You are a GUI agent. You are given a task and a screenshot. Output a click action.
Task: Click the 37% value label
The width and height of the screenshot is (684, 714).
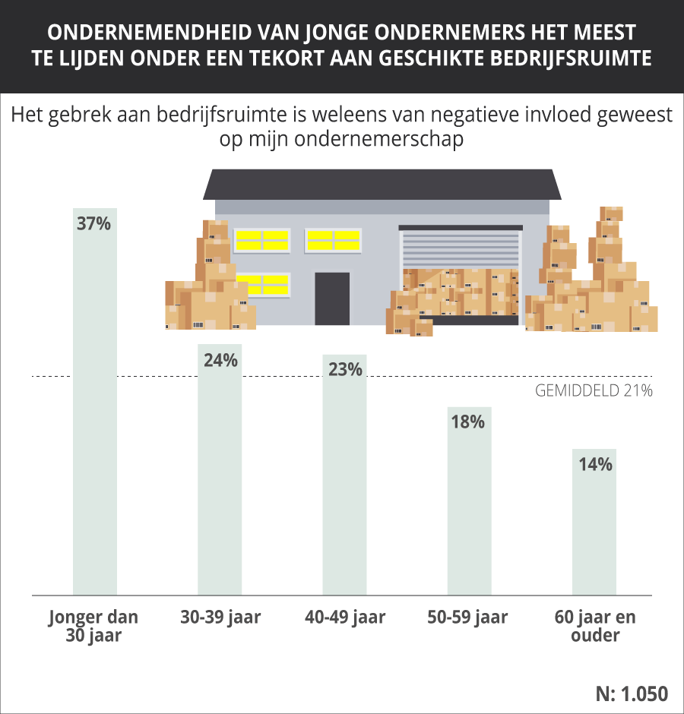pyautogui.click(x=95, y=224)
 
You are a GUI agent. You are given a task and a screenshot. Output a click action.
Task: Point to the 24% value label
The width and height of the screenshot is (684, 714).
pyautogui.click(x=220, y=360)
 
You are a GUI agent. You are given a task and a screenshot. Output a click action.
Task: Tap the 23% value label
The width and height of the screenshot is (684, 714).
pyautogui.click(x=344, y=370)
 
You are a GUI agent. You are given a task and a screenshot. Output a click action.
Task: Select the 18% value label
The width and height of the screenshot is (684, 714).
pyautogui.click(x=469, y=422)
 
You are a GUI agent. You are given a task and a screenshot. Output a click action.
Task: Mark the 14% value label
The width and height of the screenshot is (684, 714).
pyautogui.click(x=594, y=465)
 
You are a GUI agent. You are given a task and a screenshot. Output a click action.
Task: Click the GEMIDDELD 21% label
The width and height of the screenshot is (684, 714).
pyautogui.click(x=594, y=391)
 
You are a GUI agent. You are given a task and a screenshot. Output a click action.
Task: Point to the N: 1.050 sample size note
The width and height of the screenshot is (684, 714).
pyautogui.click(x=632, y=693)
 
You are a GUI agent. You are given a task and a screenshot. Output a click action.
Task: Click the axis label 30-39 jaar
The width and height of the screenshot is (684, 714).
pyautogui.click(x=220, y=617)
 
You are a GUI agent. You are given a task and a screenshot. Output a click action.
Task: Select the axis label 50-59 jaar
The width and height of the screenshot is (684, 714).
pyautogui.click(x=469, y=617)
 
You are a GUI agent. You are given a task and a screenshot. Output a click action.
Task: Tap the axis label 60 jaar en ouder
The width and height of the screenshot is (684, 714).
pyautogui.click(x=594, y=625)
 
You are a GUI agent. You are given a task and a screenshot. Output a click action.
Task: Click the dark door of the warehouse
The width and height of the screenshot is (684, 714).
pyautogui.click(x=332, y=299)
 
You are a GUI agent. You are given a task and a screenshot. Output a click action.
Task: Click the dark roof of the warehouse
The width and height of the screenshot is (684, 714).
pyautogui.click(x=382, y=184)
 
